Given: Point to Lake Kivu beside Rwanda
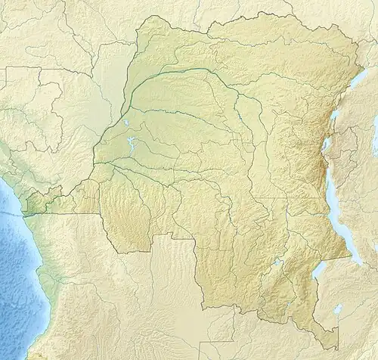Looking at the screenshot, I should point(326,144).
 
